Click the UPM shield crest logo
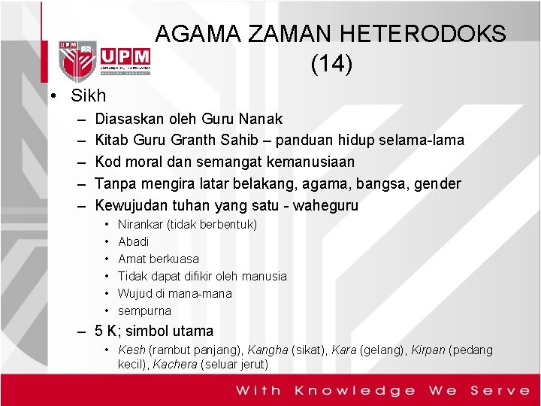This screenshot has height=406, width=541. coord(78,60)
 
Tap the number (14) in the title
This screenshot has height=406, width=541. coord(331,65)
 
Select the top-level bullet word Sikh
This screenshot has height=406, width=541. coord(89,95)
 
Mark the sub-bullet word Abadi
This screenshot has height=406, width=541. coord(134,241)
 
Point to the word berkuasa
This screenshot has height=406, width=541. coord(174,259)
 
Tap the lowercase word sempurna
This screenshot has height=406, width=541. coord(145,311)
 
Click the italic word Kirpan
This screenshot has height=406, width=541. coord(428,350)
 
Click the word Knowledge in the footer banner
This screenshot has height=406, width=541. coord(355,389)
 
